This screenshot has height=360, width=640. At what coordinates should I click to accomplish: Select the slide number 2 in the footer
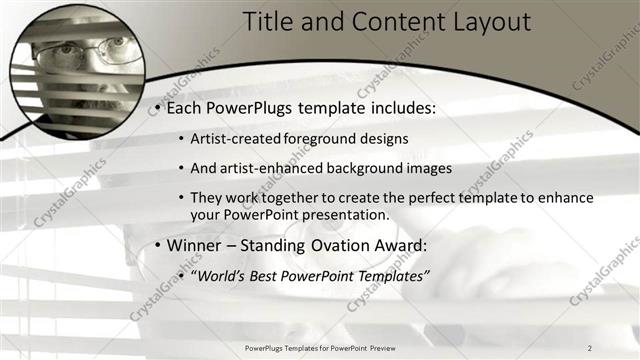tap(590, 347)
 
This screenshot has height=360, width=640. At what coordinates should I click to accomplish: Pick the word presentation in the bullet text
tap(353, 214)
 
